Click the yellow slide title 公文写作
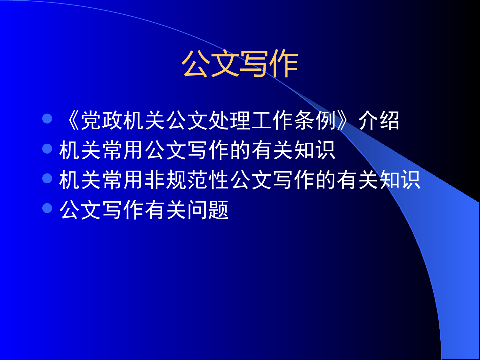pyautogui.click(x=240, y=64)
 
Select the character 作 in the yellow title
pyautogui.click(x=284, y=64)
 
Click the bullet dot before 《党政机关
pyautogui.click(x=47, y=119)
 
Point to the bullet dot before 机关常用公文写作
pyautogui.click(x=47, y=148)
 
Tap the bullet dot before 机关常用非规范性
pyautogui.click(x=47, y=178)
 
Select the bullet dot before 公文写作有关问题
pyautogui.click(x=47, y=208)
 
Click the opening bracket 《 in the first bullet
pyautogui.click(x=72, y=120)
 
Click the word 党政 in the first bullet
pyautogui.click(x=101, y=120)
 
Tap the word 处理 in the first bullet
pyautogui.click(x=229, y=120)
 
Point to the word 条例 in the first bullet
pyautogui.click(x=315, y=120)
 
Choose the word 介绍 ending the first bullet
pyautogui.click(x=379, y=120)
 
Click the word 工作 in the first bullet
pyautogui.click(x=272, y=120)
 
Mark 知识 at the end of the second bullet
pyautogui.click(x=315, y=150)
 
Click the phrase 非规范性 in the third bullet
pyautogui.click(x=187, y=180)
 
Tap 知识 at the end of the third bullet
pyautogui.click(x=400, y=180)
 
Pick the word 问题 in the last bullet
pyautogui.click(x=208, y=210)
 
